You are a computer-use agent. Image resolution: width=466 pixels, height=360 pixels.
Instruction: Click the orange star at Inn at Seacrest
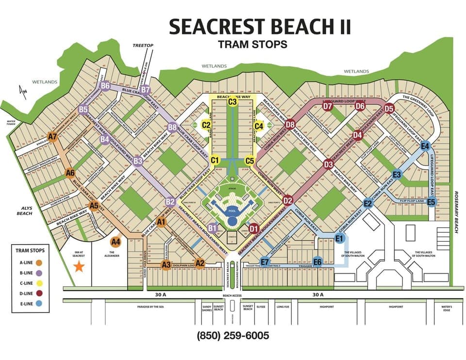(79, 265)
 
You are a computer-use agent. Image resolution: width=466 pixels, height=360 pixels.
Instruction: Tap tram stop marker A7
(53, 137)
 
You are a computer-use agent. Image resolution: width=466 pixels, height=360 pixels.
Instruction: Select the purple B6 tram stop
(105, 86)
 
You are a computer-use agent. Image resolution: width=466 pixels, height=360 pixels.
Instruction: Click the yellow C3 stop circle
(233, 101)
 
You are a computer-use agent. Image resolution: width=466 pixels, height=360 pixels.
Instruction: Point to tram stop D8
(290, 125)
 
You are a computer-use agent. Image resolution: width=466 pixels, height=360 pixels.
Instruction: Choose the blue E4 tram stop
(425, 146)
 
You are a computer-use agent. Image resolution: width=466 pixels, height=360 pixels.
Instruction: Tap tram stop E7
(265, 262)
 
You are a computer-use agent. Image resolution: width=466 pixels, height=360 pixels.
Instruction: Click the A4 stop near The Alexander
(116, 241)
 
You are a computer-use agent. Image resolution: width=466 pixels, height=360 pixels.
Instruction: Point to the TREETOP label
(143, 46)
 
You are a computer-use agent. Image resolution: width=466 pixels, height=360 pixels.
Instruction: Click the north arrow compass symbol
(20, 91)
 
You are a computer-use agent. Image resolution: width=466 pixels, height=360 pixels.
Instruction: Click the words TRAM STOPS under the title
(252, 44)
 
